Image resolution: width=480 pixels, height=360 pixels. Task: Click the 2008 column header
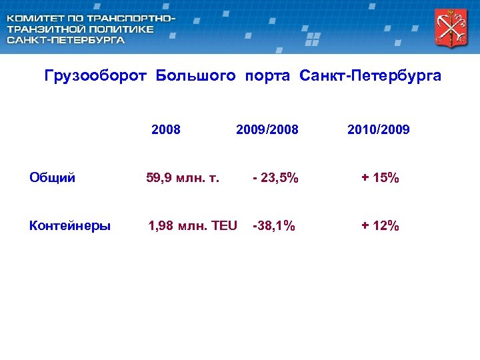(x=166, y=129)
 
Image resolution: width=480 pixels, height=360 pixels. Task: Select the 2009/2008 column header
(x=267, y=129)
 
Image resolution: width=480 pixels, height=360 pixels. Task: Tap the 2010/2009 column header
(x=379, y=129)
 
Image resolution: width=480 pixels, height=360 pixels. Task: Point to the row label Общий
(x=53, y=178)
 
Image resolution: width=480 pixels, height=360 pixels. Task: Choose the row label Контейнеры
(x=70, y=226)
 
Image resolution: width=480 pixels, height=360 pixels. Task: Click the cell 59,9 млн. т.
(x=183, y=178)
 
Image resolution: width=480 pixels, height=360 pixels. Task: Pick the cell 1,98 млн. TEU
(x=192, y=226)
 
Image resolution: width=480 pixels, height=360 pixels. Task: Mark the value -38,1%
(x=274, y=226)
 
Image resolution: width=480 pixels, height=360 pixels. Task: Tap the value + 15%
(x=380, y=178)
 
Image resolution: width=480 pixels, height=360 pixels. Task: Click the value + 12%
(x=380, y=226)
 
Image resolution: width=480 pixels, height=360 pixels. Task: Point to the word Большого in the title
(x=196, y=76)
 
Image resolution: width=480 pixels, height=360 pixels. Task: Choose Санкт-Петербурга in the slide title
(x=371, y=76)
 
